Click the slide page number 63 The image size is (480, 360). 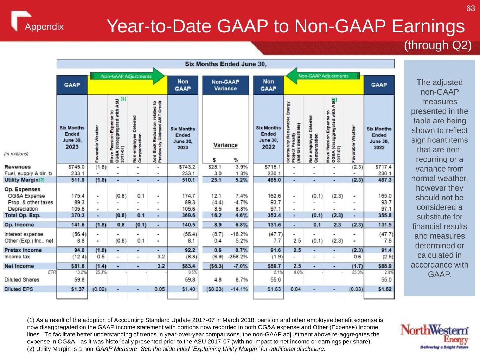471,8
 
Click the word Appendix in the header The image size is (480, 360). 44,27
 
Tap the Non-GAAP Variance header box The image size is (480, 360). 225,85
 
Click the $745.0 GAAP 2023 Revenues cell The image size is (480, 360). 76,167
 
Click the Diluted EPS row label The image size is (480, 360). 19,289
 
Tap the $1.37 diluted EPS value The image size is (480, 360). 78,289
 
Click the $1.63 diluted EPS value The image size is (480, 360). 274,289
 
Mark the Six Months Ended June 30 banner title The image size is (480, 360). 225,64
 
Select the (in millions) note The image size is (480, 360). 16,154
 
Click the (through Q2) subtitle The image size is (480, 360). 437,45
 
